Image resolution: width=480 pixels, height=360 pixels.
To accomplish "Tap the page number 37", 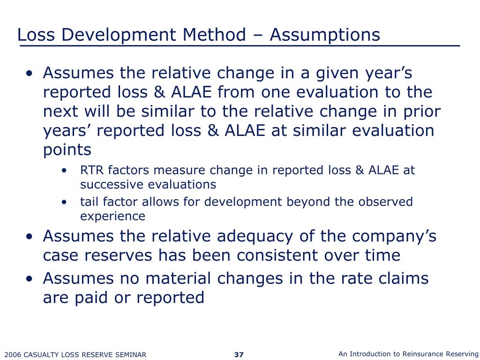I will point(239,354).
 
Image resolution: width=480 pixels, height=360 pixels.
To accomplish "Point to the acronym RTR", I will point(90,170).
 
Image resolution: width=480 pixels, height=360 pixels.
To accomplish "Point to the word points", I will point(67,150).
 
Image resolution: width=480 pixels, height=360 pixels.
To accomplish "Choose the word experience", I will point(112,216).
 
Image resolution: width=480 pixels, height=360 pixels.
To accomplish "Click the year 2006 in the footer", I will point(13,355).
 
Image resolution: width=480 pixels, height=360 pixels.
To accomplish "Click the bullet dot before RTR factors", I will point(63,170).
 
